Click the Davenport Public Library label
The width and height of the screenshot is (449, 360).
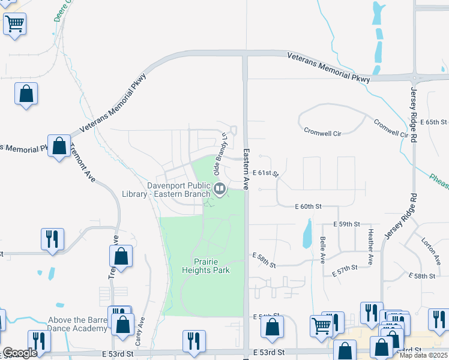(179, 189)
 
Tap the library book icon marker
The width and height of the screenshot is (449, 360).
(220, 190)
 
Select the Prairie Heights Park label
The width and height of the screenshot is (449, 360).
(206, 266)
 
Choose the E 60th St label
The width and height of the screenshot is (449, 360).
(309, 206)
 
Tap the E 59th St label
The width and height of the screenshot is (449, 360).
(346, 224)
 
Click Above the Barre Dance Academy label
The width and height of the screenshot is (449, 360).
(66, 324)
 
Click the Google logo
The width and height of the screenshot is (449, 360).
(20, 353)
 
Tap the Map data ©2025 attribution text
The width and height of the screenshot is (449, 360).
(424, 355)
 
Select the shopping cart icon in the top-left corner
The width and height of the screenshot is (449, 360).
(15, 25)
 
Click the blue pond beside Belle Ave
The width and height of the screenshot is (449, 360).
(307, 234)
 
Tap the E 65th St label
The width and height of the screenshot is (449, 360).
(437, 122)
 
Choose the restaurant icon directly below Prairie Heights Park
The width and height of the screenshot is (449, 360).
(194, 341)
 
